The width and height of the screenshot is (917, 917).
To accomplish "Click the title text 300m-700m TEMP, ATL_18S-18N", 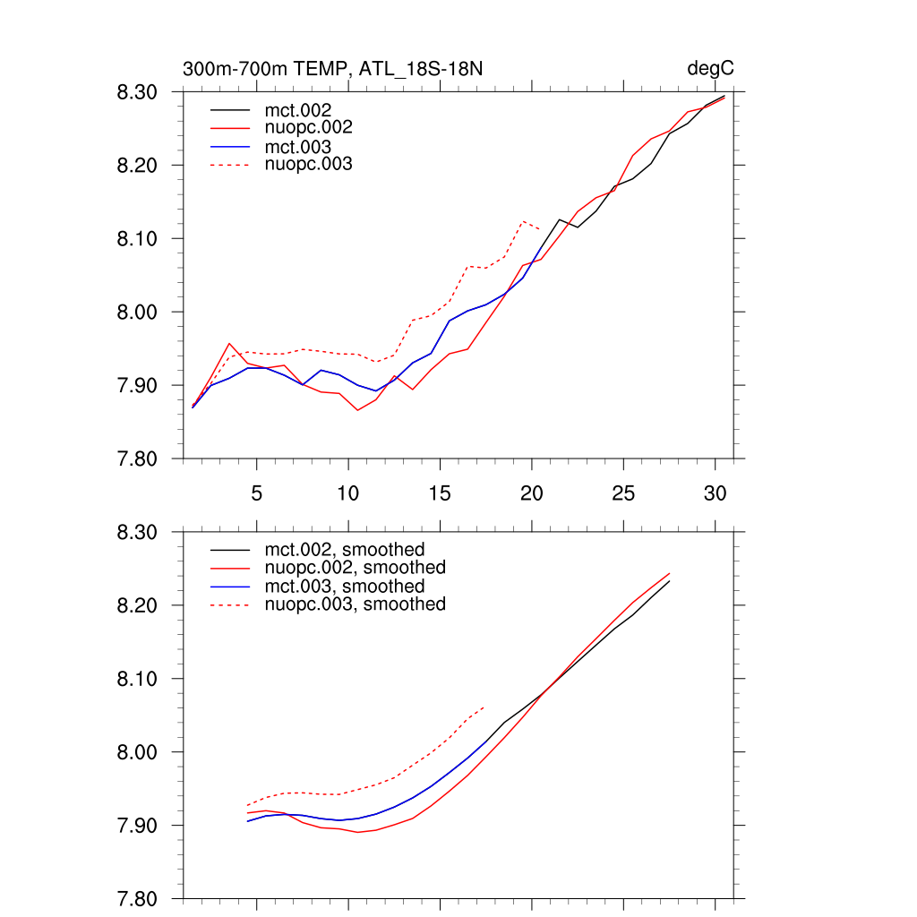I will (x=334, y=69).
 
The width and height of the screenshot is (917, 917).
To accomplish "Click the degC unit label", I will (x=711, y=69).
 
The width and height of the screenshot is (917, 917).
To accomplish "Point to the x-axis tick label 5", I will (x=257, y=493).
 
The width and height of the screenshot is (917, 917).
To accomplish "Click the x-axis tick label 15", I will (x=440, y=493).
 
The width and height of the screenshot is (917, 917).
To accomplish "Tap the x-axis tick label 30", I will (x=715, y=493).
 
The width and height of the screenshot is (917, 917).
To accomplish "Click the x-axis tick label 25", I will (x=623, y=493).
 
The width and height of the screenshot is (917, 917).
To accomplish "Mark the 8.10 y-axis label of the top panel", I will (x=138, y=239).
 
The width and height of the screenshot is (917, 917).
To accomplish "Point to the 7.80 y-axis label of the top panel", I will (x=138, y=459).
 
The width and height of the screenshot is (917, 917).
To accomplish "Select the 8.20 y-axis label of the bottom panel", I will (x=138, y=606).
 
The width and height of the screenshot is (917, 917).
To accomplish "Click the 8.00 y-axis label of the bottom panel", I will (x=138, y=753).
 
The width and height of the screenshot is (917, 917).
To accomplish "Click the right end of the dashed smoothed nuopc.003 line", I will (x=484, y=707).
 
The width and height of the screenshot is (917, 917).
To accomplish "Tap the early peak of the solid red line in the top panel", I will (x=229, y=343).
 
